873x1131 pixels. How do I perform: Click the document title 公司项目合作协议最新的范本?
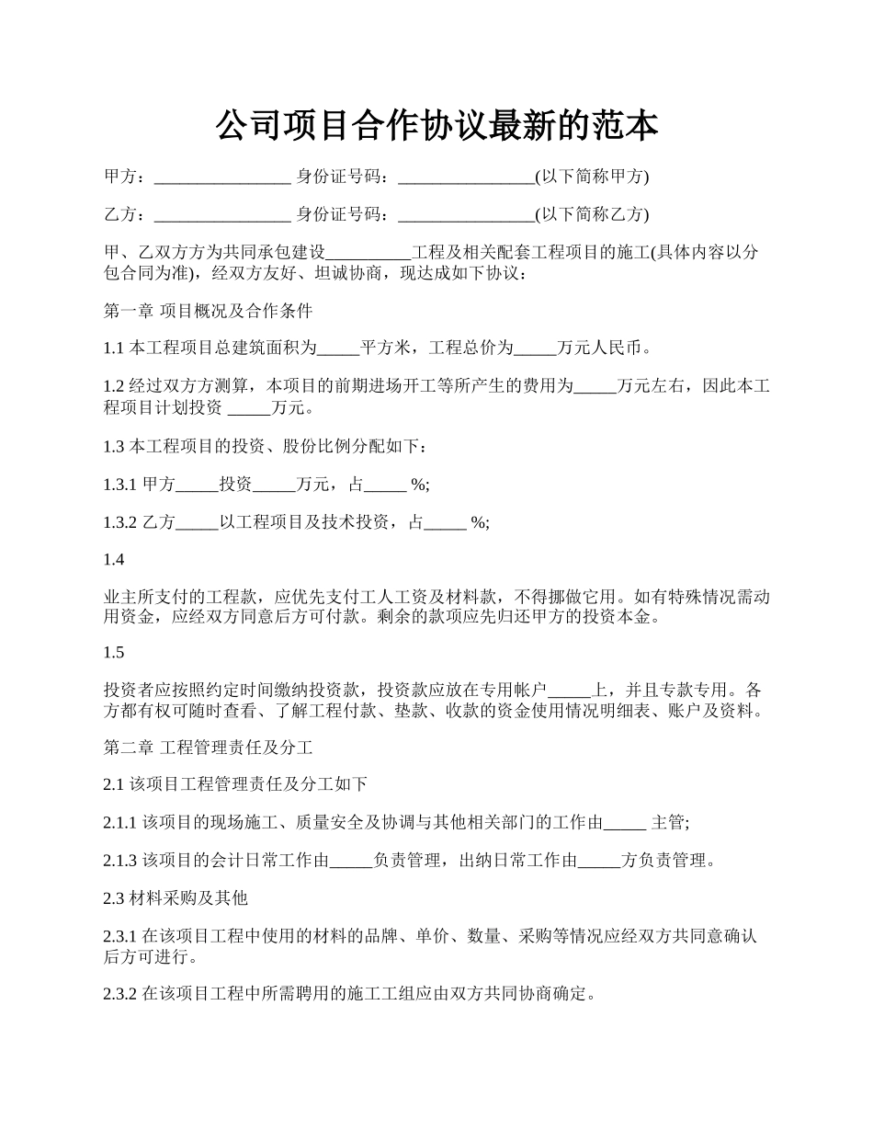(x=436, y=126)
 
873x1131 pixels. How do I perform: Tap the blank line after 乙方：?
(x=222, y=215)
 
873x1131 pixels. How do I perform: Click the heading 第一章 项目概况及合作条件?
(x=209, y=311)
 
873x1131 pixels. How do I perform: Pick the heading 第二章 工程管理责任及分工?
(x=209, y=747)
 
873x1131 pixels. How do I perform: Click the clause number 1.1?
(x=113, y=348)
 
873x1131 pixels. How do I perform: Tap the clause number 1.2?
(x=113, y=386)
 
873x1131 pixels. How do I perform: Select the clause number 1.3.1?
(x=120, y=485)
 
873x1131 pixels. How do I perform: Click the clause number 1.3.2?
(x=120, y=522)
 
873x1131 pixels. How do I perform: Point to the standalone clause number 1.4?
(x=113, y=559)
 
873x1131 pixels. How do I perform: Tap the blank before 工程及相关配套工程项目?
(x=368, y=253)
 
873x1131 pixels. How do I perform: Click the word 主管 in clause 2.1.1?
(x=668, y=823)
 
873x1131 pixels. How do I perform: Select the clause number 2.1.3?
(x=120, y=861)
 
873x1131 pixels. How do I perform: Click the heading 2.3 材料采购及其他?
(x=176, y=897)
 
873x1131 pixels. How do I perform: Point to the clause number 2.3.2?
(x=120, y=995)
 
